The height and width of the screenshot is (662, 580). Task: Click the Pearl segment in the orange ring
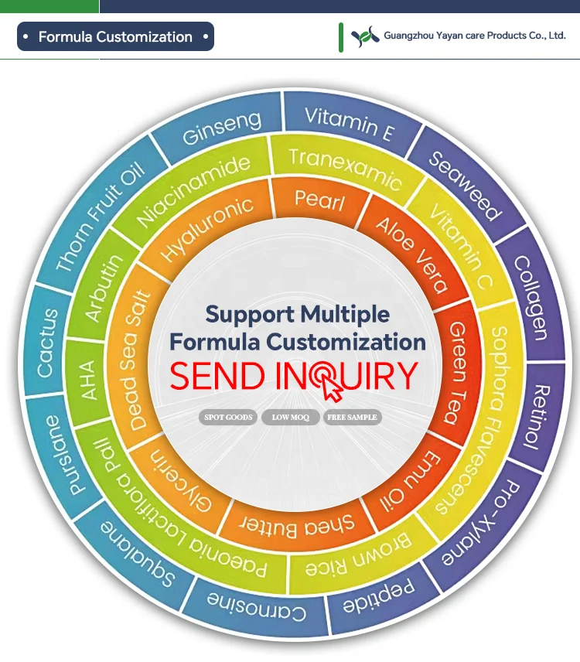point(319,201)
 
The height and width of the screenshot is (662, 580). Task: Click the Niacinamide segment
point(194,190)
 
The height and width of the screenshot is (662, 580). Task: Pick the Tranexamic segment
point(345,167)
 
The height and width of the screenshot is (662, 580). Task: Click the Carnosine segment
point(256,607)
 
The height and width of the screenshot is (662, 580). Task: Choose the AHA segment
point(88,380)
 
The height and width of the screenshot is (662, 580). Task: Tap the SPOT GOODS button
point(228,418)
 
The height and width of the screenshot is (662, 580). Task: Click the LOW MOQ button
point(290,418)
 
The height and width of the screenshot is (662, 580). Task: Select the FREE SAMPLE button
point(352,418)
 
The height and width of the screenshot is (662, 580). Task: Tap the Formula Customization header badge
point(115,37)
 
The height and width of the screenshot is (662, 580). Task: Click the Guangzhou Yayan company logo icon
point(365,36)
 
